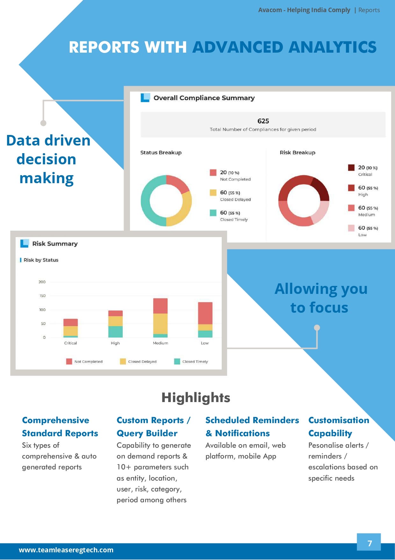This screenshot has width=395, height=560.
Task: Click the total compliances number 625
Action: [263, 121]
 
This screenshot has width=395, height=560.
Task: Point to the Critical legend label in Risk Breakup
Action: [365, 174]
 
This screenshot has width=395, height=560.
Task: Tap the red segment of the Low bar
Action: [205, 313]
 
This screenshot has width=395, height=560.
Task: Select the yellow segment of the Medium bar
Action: [160, 324]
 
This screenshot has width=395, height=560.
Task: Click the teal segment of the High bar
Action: [115, 332]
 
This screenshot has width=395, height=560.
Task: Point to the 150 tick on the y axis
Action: [42, 296]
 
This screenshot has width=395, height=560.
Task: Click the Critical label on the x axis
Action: [70, 343]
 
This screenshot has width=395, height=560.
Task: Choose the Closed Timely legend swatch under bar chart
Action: [177, 362]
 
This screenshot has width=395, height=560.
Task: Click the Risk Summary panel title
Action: [55, 244]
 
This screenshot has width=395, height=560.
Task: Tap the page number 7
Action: [370, 543]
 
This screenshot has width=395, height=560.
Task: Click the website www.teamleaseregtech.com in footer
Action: [66, 550]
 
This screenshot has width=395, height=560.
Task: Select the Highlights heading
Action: [196, 398]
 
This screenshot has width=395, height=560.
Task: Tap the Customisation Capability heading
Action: [338, 427]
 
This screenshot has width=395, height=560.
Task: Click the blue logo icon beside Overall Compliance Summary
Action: [145, 98]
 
